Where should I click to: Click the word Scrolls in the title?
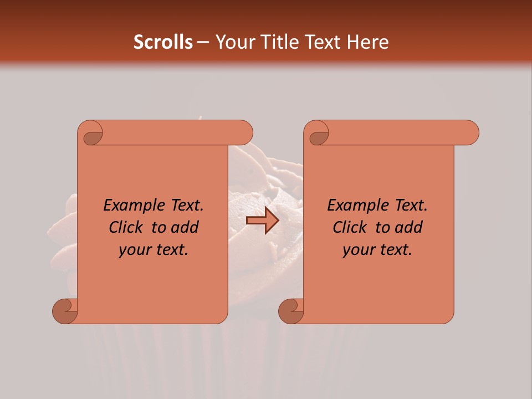pyautogui.click(x=163, y=42)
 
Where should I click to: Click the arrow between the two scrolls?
pyautogui.click(x=262, y=221)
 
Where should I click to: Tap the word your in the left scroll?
pyautogui.click(x=132, y=250)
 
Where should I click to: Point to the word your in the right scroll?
pyautogui.click(x=356, y=250)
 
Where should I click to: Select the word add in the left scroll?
pyautogui.click(x=185, y=228)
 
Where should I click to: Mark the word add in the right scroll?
pyautogui.click(x=409, y=228)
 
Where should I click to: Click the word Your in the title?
pyautogui.click(x=233, y=42)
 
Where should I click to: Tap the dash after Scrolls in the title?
pyautogui.click(x=203, y=43)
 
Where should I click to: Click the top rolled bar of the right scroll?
pyautogui.click(x=399, y=132)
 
